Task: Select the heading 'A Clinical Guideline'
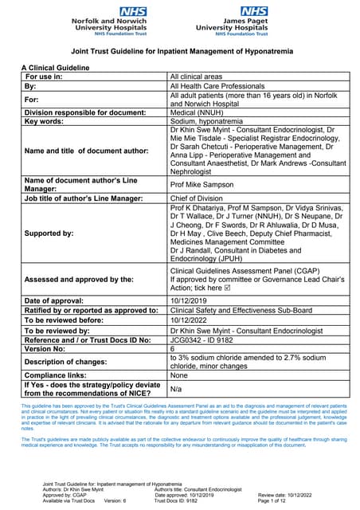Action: (56, 68)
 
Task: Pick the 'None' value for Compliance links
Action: (179, 375)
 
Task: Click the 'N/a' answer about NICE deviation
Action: (177, 389)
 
